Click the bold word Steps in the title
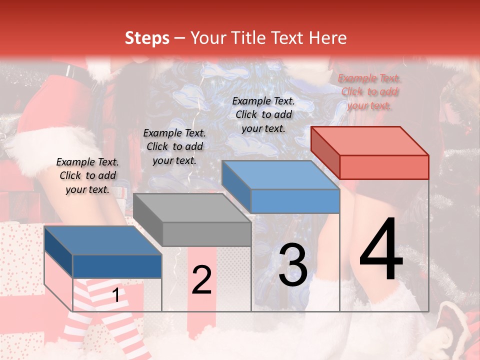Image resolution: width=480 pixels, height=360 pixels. click(x=147, y=38)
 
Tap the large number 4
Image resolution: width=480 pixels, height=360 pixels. click(x=381, y=250)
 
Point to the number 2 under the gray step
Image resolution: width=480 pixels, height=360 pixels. click(x=201, y=280)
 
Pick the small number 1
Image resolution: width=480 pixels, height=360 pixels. click(x=116, y=295)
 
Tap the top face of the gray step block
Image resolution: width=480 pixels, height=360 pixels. click(x=192, y=207)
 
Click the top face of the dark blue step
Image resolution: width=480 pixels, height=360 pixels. click(x=103, y=240)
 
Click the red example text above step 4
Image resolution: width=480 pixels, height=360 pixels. click(x=369, y=92)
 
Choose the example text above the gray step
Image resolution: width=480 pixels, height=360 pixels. click(x=174, y=146)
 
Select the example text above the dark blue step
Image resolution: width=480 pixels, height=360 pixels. click(x=87, y=175)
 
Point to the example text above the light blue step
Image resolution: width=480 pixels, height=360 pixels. click(x=263, y=114)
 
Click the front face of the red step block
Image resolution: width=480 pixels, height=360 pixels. click(x=384, y=167)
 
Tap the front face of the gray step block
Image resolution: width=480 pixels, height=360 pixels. click(x=206, y=234)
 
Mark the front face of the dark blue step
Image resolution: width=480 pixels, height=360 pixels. click(x=117, y=266)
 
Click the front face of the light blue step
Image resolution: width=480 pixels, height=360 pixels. click(x=295, y=201)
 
